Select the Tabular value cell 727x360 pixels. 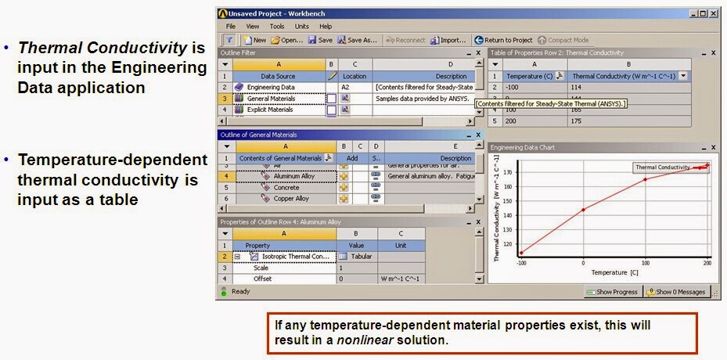[x=361, y=256]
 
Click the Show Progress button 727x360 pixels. [x=614, y=292]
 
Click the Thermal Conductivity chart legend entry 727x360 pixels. [x=662, y=167]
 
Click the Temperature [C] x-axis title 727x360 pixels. [x=609, y=272]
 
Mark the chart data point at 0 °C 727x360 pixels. [x=584, y=209]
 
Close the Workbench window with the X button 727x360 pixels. [x=713, y=13]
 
